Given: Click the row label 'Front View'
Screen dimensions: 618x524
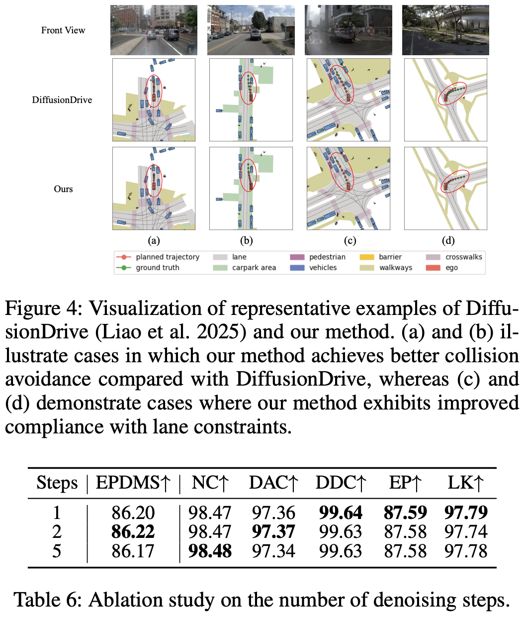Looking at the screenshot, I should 63,30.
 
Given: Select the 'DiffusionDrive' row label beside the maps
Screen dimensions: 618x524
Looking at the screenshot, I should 62,100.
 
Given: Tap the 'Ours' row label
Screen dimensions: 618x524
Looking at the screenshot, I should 63,189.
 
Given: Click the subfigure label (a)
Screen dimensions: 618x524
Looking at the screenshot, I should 154,241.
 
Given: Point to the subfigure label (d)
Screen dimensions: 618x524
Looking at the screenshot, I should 448,241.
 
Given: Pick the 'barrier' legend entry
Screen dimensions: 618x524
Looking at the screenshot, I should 390,257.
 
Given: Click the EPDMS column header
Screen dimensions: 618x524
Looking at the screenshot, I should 133,483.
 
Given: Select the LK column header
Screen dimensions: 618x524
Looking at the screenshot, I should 465,483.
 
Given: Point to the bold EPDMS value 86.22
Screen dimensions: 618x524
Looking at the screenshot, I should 133,532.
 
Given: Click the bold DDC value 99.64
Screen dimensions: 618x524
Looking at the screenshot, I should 341,513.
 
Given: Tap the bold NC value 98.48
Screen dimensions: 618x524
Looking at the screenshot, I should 210,551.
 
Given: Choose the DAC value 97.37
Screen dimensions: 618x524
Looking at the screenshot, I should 273,532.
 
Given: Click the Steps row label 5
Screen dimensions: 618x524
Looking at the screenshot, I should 57,551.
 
